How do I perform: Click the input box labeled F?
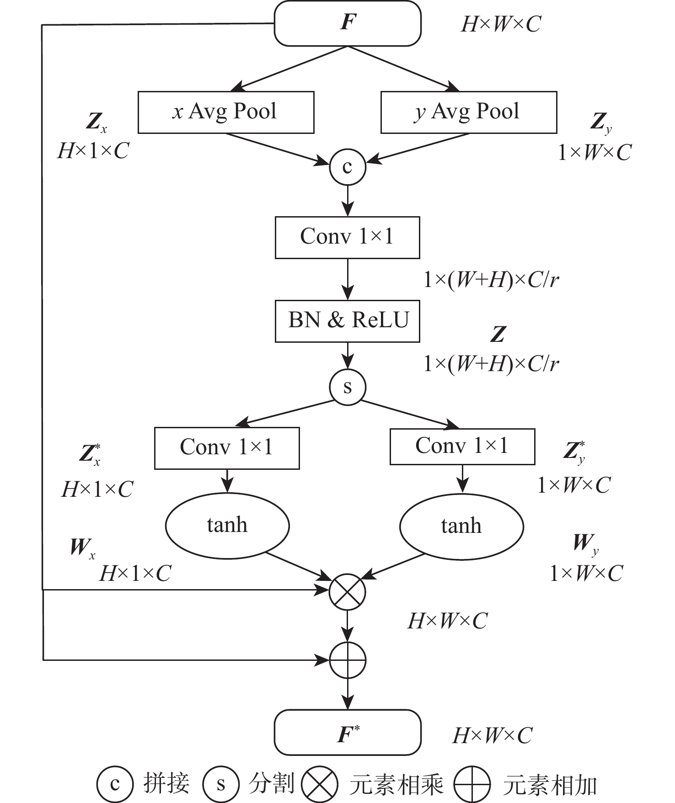pos(347,23)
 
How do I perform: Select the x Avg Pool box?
pos(226,112)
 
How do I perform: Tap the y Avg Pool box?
pos(469,112)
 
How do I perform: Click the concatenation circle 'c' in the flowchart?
pos(348,167)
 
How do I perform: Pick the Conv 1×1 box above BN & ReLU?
pos(347,237)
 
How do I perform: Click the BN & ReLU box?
pos(347,321)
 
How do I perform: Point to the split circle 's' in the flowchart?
pos(348,387)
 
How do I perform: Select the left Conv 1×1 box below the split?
pos(227,448)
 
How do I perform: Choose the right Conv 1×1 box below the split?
pos(462,447)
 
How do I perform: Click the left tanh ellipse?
pos(227,526)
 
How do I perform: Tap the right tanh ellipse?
pos(461,526)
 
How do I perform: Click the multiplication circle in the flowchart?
pos(348,592)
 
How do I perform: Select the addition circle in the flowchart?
pos(348,660)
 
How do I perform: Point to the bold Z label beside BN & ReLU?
pos(498,335)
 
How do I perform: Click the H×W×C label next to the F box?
pos(501,24)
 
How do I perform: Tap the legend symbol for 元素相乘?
pos(320,784)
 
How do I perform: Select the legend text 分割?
pos(271,784)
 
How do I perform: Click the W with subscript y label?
pos(586,544)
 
